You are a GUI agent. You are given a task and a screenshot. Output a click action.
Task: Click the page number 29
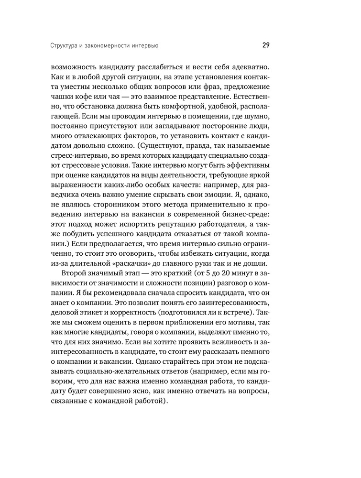(x=266, y=46)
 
